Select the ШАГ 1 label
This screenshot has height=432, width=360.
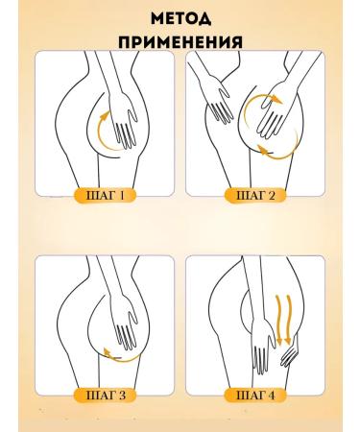click(106, 198)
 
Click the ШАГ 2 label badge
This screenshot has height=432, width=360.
click(254, 198)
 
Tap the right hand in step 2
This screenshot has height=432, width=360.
click(274, 127)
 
